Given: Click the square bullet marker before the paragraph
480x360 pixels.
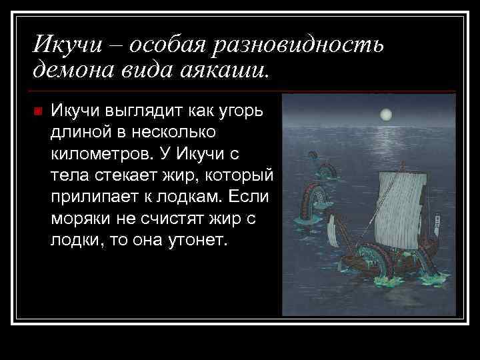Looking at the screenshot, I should [37, 111].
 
